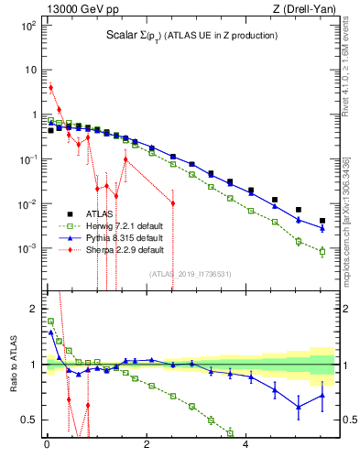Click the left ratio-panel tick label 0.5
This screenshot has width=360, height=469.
coord(27,420)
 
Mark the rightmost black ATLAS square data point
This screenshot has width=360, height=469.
coord(322,221)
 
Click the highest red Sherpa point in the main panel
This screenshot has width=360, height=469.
coord(50,88)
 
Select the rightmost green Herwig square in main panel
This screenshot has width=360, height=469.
coord(322,251)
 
